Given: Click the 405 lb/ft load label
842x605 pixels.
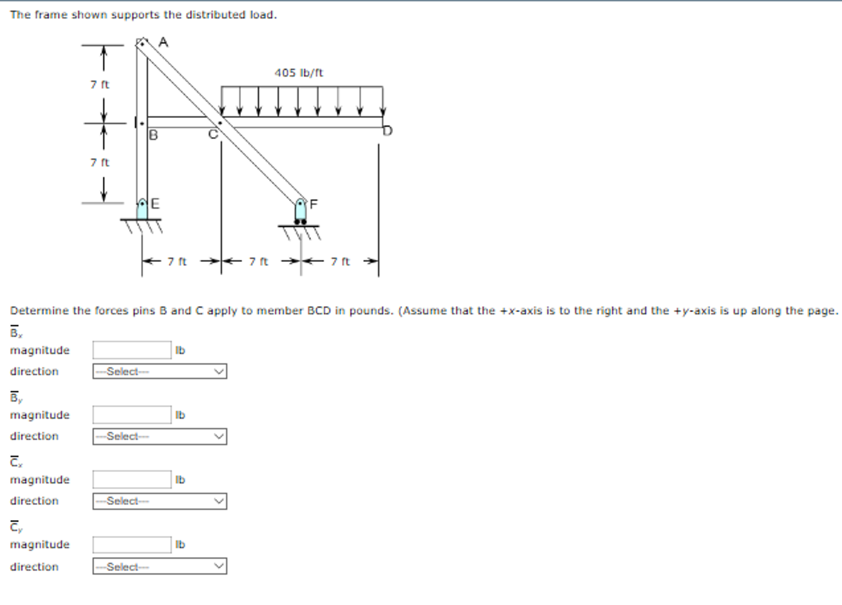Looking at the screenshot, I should [299, 73].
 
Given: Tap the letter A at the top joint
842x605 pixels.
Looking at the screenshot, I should [163, 42].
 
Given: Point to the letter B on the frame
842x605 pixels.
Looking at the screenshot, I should [153, 135].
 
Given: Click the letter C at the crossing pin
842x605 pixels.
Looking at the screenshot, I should [213, 134].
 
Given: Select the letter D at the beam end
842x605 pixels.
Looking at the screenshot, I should [388, 131].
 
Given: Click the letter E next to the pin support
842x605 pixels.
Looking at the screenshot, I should [155, 204].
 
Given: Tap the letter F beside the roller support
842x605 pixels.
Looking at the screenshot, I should [314, 204].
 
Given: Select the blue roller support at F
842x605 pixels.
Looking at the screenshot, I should [300, 211].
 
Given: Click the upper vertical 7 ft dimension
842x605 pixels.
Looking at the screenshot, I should [100, 85].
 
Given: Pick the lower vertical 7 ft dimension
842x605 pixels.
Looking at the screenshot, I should [100, 162].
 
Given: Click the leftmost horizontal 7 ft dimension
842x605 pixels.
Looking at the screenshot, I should [177, 262].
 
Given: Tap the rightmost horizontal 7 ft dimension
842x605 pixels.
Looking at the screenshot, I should [340, 262].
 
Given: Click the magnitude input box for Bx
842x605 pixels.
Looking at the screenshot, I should [132, 350].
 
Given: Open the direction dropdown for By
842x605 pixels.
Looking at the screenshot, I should [160, 436].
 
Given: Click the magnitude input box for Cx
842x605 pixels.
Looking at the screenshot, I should [132, 480].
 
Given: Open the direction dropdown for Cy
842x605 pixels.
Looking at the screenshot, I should [160, 566].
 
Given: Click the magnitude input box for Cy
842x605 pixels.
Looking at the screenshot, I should [132, 545].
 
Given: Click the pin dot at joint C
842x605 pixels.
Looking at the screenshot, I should [220, 123].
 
